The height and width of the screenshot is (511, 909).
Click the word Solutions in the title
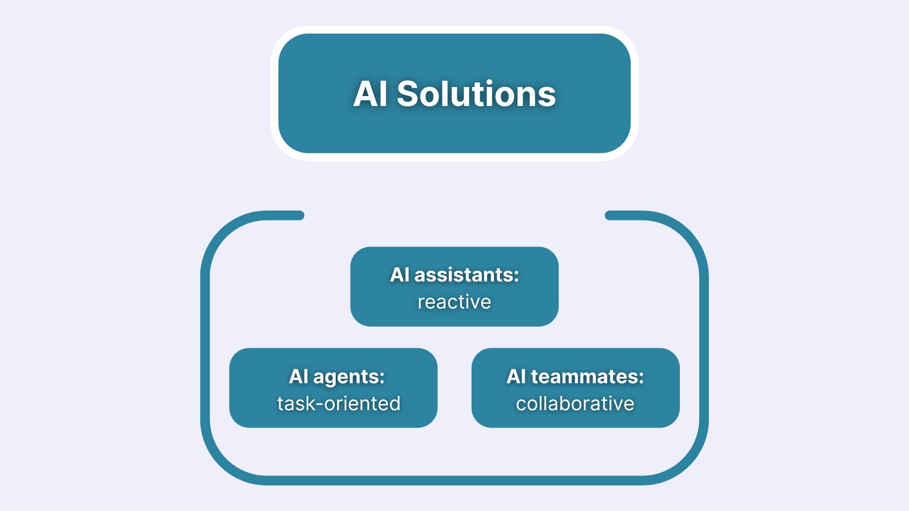(476, 94)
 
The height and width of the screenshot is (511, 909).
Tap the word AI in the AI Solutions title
(370, 94)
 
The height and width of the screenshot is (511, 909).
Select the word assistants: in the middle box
(467, 275)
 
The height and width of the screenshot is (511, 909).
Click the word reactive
(454, 302)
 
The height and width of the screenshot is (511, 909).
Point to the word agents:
(349, 377)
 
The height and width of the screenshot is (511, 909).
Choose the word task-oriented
(339, 404)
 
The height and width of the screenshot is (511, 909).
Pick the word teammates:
(588, 377)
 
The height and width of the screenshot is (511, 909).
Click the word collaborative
(575, 404)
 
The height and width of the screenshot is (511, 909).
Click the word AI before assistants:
(400, 275)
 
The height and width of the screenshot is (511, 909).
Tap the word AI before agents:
(299, 377)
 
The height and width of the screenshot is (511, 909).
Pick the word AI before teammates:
(516, 377)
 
